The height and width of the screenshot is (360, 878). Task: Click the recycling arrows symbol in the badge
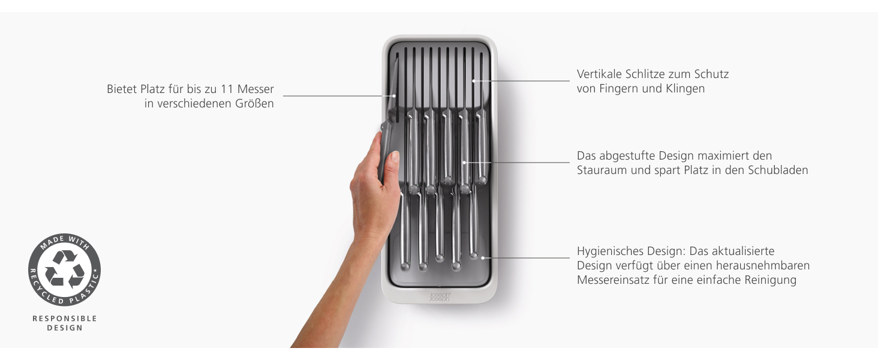click(x=65, y=269)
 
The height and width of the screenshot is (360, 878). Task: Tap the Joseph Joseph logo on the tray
click(x=440, y=297)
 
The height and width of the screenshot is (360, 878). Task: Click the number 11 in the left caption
click(x=227, y=89)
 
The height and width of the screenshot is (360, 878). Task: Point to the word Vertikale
click(x=599, y=74)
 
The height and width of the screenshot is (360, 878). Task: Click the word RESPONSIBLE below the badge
click(x=65, y=319)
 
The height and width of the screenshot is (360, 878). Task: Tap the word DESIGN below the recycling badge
click(x=65, y=328)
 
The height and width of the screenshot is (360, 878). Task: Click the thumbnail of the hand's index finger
click(x=394, y=157)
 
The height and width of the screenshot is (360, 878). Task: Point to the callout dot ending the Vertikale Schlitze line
click(x=474, y=81)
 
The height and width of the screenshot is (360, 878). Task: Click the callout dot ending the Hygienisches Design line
click(x=483, y=258)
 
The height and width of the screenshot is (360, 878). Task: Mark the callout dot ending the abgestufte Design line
click(x=464, y=163)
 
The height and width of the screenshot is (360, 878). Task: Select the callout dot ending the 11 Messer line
click(x=394, y=95)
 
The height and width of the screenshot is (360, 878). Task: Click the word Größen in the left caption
click(x=254, y=104)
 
